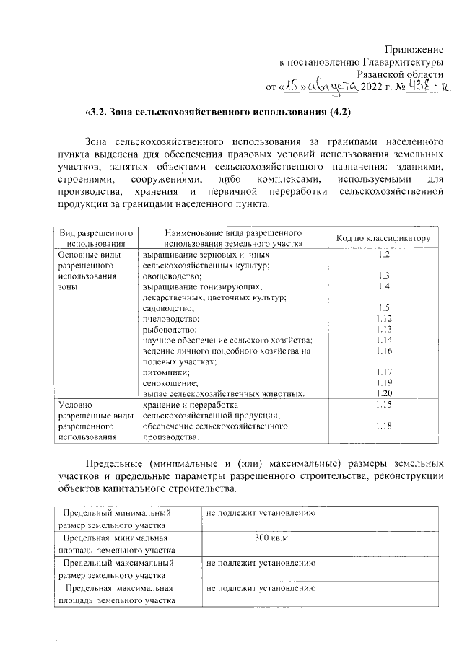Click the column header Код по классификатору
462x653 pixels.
point(383,239)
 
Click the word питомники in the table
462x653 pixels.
point(167,372)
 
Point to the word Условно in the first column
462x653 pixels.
point(74,406)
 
